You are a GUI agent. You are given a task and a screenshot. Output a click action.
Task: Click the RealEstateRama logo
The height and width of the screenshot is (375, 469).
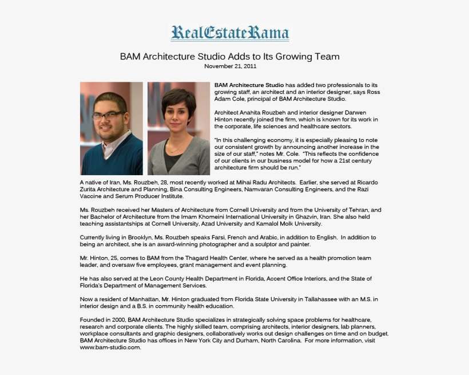tap(229, 33)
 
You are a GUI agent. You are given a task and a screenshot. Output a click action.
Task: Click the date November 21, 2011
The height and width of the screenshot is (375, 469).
tap(230, 66)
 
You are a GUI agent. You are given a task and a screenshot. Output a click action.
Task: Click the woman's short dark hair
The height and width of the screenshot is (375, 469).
tap(178, 97)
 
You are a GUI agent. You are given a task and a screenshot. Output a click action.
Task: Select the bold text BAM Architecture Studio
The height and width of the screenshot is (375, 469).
tap(249, 85)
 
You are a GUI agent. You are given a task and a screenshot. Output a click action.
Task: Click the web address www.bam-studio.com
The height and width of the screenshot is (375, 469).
tap(110, 348)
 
